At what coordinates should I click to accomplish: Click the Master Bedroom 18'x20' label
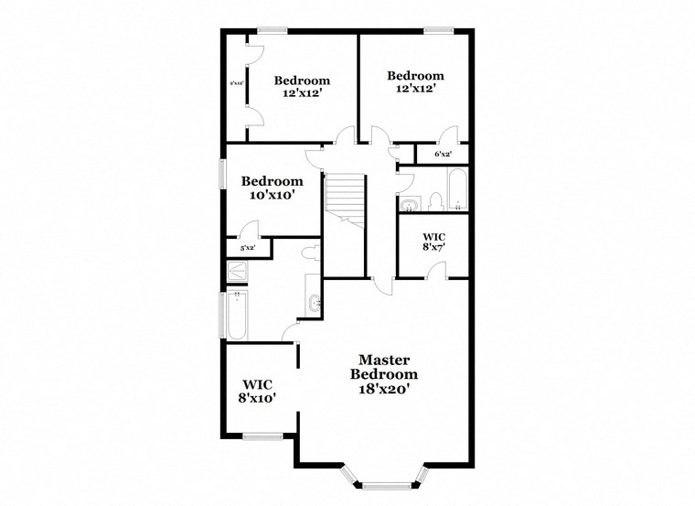pyautogui.click(x=384, y=374)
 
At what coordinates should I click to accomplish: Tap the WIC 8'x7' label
pyautogui.click(x=434, y=241)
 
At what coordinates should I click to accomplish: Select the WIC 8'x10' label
pyautogui.click(x=258, y=391)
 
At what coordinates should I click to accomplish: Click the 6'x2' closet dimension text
pyautogui.click(x=444, y=155)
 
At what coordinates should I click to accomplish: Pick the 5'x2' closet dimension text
pyautogui.click(x=247, y=248)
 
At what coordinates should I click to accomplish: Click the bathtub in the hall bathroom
pyautogui.click(x=457, y=189)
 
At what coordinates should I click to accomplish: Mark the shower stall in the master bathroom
pyautogui.click(x=237, y=271)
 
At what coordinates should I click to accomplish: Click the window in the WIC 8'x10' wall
pyautogui.click(x=261, y=436)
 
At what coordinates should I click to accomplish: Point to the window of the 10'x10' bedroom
pyautogui.click(x=222, y=174)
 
